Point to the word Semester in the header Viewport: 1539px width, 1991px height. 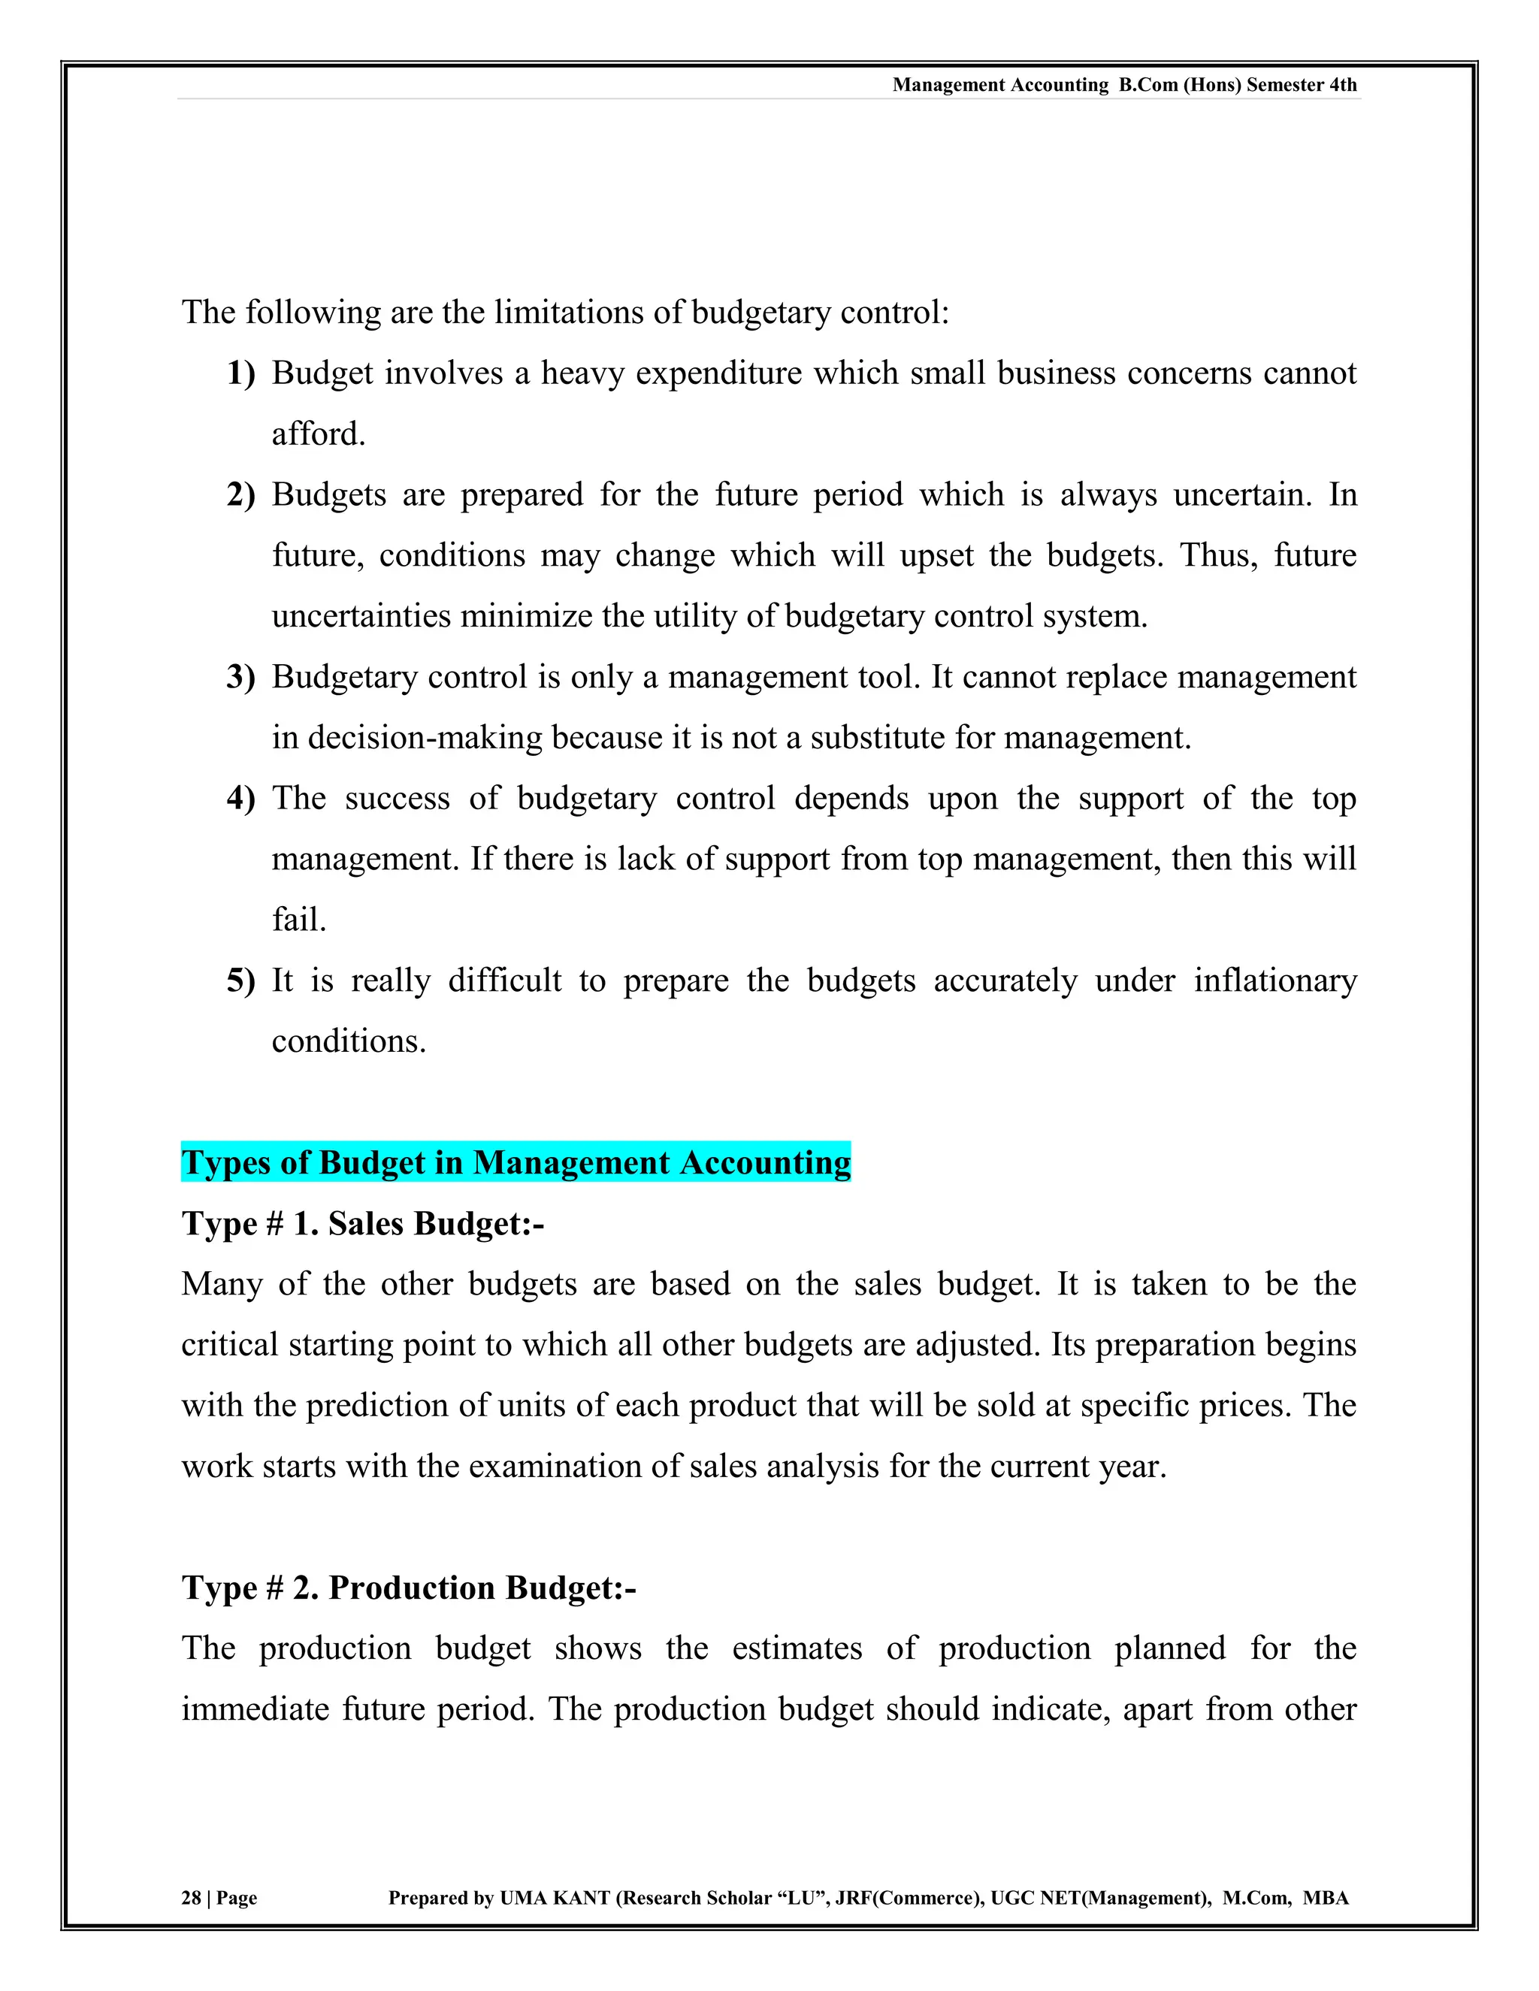(1284, 85)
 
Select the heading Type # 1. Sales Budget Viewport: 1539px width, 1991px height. (362, 1223)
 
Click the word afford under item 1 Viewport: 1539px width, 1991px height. (317, 434)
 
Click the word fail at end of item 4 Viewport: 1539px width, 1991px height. (298, 919)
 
